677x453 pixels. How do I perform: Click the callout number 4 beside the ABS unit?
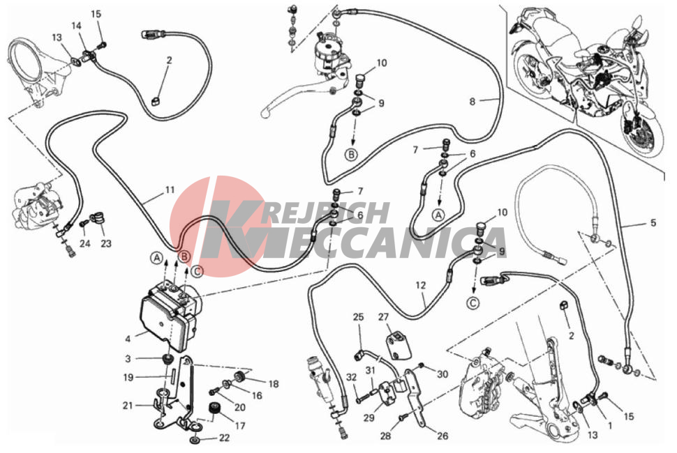tap(128, 339)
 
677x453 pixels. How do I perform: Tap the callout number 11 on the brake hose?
tap(170, 190)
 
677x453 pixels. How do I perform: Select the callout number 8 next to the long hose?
tap(473, 102)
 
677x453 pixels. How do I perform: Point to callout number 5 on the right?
tap(653, 223)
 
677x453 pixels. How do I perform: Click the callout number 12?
tap(421, 285)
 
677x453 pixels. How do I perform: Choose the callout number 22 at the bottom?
tap(225, 438)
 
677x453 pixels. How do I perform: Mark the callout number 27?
tap(383, 317)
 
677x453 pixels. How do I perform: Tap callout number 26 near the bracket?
tap(442, 436)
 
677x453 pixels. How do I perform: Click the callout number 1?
tap(610, 426)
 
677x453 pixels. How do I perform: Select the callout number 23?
tap(106, 243)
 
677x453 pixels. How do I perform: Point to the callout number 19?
tap(128, 378)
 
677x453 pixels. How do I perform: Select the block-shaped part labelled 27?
tap(398, 345)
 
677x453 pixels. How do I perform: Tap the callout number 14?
tap(76, 26)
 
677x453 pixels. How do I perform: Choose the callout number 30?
tap(442, 374)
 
